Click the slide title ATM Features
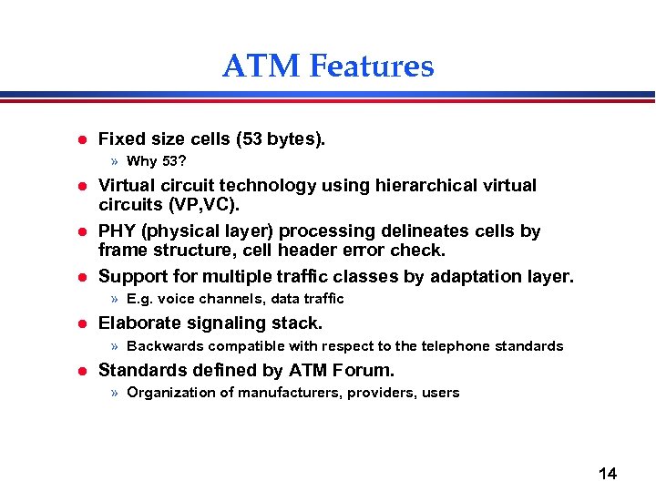pyautogui.click(x=328, y=66)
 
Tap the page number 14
pyautogui.click(x=607, y=473)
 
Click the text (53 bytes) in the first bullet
pyautogui.click(x=280, y=139)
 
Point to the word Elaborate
pyautogui.click(x=139, y=323)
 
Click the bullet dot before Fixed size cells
pyautogui.click(x=80, y=140)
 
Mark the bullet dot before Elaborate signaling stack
pyautogui.click(x=80, y=323)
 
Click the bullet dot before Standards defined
pyautogui.click(x=80, y=370)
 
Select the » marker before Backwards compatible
pyautogui.click(x=115, y=346)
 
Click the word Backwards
pyautogui.click(x=165, y=346)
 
